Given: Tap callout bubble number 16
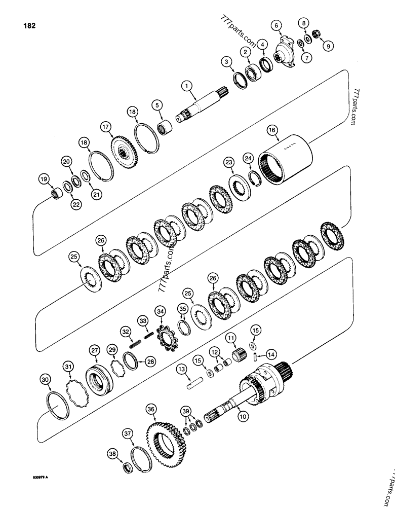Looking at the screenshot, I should click(272, 131).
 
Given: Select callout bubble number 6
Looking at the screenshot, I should click(276, 25).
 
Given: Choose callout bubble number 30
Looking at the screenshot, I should click(46, 380).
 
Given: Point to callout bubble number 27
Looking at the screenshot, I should click(94, 349).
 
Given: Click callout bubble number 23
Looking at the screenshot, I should click(229, 162).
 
